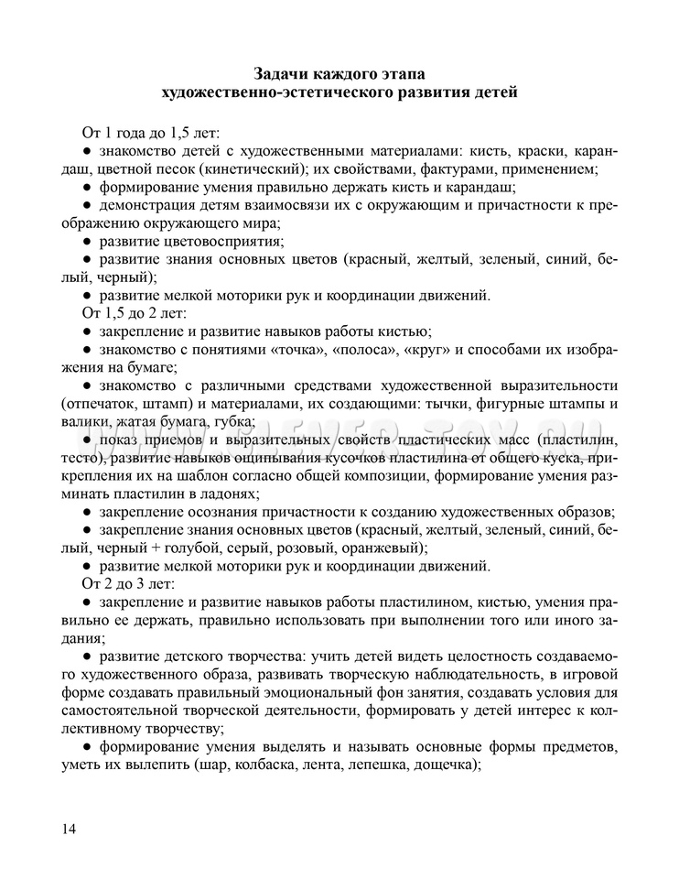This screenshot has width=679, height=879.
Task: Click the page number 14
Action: click(69, 829)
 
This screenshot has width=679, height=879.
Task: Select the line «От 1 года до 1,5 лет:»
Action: click(151, 132)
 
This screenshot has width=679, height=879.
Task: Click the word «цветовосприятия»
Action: click(225, 242)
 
